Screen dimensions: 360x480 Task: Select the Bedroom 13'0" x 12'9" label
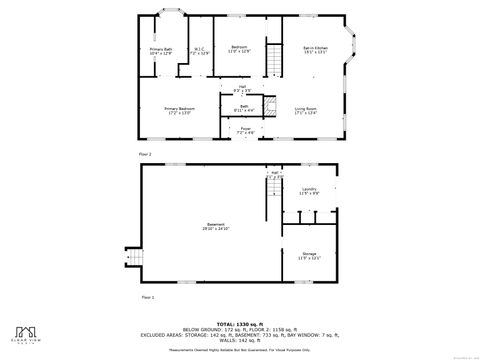[x=239, y=50]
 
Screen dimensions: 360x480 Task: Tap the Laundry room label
[x=310, y=191]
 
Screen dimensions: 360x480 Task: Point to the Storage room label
[x=310, y=257]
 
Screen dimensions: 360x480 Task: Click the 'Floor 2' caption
[x=144, y=154]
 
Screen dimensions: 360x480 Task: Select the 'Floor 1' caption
[x=147, y=297]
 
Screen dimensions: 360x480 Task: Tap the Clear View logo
[x=27, y=333]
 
